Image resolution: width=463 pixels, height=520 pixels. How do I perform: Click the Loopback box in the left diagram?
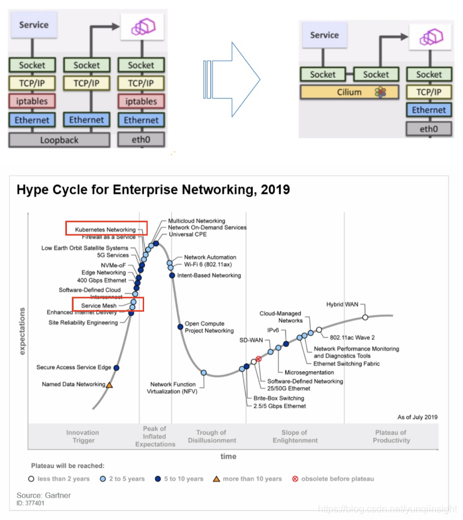pos(59,140)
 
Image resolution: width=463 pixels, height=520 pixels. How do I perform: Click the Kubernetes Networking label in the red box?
pos(106,230)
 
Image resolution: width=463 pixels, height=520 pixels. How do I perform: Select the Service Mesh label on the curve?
pos(99,306)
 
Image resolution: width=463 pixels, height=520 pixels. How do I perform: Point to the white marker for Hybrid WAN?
pos(365,317)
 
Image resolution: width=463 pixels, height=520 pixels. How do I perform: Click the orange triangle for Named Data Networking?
pos(110,384)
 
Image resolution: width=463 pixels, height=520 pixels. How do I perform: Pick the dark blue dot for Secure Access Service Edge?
pos(116,367)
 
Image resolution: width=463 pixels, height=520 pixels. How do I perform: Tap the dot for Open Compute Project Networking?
pos(180,327)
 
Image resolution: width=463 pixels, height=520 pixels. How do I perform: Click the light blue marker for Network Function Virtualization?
pos(204,373)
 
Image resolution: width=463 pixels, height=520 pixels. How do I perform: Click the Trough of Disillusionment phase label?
pos(211,437)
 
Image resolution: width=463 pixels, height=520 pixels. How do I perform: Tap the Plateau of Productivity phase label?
pos(391,437)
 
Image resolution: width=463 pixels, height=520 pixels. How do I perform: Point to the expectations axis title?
pos(22,330)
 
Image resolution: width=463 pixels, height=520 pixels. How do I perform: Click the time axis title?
pos(228,457)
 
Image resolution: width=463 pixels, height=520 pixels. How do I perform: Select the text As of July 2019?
pos(417,417)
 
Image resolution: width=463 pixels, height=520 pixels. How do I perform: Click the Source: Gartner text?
pos(43,495)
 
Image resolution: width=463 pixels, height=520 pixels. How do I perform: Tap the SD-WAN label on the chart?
pos(250,340)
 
